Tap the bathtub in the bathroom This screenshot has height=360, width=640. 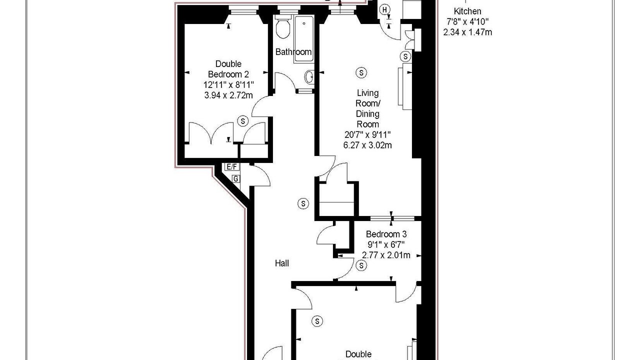(x=303, y=39)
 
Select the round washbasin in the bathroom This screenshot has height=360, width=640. (x=309, y=77)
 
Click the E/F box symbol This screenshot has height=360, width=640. (x=231, y=166)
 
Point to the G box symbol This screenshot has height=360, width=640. (x=236, y=179)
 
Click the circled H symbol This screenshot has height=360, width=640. (x=385, y=9)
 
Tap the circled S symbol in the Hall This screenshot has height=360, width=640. (x=303, y=203)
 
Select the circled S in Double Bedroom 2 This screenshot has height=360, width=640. (x=243, y=121)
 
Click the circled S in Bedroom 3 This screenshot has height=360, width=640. (x=361, y=265)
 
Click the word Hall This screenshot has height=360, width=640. (x=281, y=263)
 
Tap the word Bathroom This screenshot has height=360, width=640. (x=293, y=52)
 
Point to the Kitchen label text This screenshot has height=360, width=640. (x=467, y=11)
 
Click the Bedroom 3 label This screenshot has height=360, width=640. (x=386, y=234)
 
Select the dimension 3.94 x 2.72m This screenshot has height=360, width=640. (x=228, y=95)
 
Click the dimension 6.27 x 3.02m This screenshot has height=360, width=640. (x=367, y=145)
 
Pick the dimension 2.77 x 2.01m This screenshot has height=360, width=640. (x=386, y=255)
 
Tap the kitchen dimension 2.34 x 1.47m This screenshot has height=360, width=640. (x=467, y=32)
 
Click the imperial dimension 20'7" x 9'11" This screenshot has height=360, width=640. (x=367, y=134)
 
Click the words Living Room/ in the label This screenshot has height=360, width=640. (x=367, y=98)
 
